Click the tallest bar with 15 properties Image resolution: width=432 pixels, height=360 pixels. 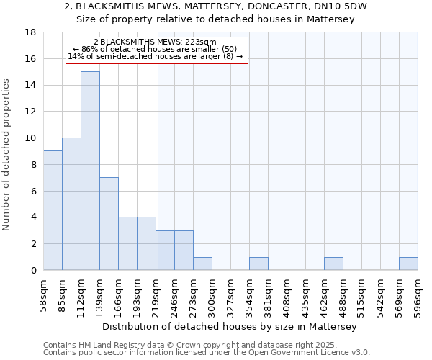coord(90,171)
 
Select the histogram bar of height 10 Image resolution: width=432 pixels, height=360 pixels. coord(71,204)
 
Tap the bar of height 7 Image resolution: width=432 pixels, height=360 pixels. coord(109,223)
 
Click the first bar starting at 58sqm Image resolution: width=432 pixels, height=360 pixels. coord(53,210)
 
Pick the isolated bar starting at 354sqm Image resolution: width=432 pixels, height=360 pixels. coord(258,264)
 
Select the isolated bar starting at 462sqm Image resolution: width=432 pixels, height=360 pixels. coord(333,264)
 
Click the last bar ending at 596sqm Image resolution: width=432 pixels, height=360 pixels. coord(408,264)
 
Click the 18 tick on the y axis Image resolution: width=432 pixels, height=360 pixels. coord(30,32)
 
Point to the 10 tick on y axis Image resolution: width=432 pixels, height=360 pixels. coord(30,138)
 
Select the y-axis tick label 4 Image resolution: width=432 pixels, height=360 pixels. coord(33,217)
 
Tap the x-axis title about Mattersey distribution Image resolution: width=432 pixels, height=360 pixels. coord(230,327)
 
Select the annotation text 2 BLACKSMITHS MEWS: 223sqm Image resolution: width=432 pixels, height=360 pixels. coord(155,42)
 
